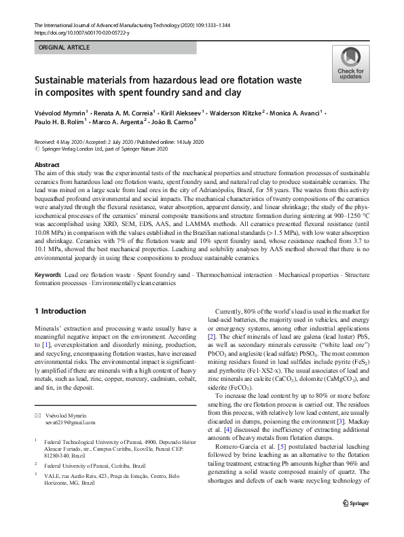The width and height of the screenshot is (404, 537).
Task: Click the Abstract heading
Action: tap(47, 165)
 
